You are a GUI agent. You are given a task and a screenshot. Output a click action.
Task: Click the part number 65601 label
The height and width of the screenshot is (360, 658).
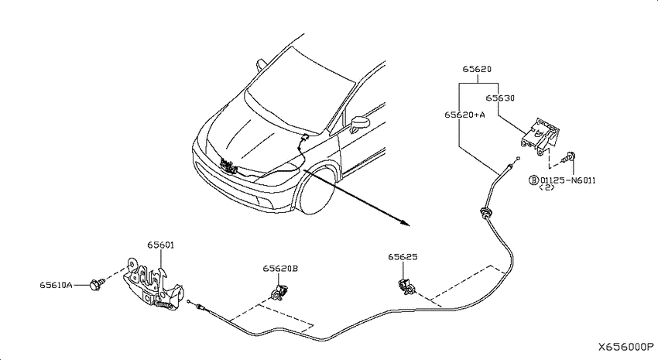[x=160, y=245]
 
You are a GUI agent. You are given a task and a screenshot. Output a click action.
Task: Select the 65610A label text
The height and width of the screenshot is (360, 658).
[x=56, y=286]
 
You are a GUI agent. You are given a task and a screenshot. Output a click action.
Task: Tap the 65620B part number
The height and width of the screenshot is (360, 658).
[x=280, y=269]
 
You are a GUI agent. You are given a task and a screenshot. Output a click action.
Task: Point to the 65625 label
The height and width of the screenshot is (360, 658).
[x=403, y=257]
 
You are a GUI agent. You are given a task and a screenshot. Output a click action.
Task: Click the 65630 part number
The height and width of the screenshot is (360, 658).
[x=500, y=98]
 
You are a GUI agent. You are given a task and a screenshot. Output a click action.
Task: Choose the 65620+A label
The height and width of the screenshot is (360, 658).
[x=464, y=115]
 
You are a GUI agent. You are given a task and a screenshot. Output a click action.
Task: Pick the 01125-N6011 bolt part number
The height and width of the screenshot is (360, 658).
[x=567, y=180]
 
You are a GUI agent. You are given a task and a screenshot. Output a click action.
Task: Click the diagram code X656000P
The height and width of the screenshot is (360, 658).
[x=625, y=347]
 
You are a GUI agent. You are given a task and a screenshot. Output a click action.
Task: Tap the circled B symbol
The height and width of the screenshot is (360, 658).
[x=533, y=180]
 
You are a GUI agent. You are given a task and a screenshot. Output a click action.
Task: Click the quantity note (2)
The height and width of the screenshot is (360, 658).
[x=547, y=187]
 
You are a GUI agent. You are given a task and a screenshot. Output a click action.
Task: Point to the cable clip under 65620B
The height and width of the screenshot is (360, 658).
[x=280, y=292]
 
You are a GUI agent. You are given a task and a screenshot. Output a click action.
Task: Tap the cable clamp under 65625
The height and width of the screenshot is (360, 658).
[x=406, y=286]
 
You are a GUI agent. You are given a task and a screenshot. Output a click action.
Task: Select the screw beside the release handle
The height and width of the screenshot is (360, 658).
[x=569, y=157]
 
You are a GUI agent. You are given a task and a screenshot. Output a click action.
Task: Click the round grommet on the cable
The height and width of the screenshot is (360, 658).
[x=485, y=212]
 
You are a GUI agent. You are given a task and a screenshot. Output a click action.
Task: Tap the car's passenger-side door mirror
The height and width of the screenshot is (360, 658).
[x=360, y=123]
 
